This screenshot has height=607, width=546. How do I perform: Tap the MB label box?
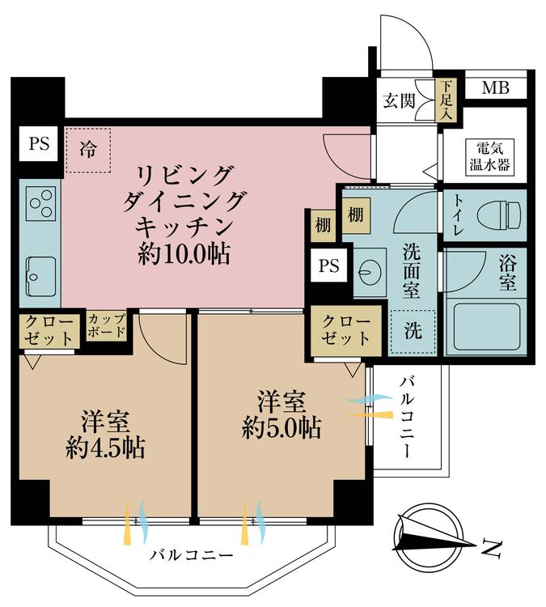click(495, 87)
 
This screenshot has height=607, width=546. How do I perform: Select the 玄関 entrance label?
click(398, 101)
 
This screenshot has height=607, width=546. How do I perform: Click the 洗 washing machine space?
click(413, 331)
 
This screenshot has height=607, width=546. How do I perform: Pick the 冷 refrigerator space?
click(87, 150)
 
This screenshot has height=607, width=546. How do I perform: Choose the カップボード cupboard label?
click(106, 326)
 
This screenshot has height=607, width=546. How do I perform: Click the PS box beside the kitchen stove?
click(38, 145)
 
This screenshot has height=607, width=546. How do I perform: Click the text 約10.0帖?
click(184, 255)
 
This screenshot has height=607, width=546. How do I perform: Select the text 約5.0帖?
click(281, 426)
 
